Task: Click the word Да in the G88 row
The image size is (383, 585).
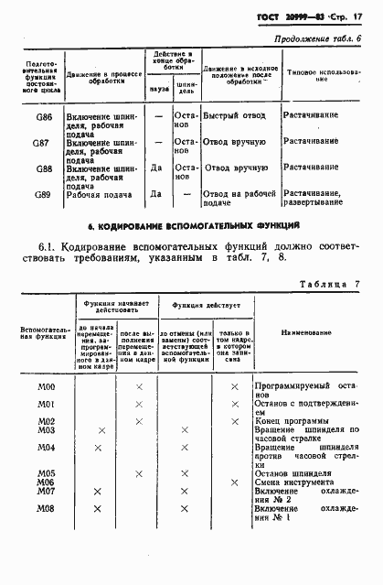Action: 156,168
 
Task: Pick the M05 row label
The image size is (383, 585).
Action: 47,472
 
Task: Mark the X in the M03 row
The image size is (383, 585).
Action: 100,429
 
